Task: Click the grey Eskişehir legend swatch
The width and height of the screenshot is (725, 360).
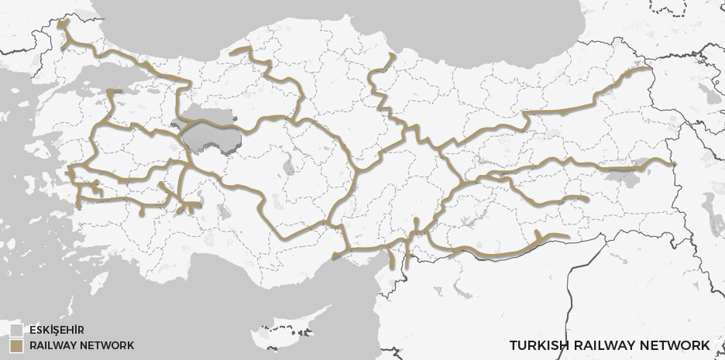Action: (15, 329)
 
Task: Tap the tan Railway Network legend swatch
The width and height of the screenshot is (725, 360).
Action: (15, 345)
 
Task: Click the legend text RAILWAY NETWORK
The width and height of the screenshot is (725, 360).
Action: (81, 345)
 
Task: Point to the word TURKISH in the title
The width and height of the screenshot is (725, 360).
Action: (537, 345)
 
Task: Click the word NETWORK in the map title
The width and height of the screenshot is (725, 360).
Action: (679, 345)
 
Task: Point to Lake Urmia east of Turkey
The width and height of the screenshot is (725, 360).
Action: (708, 209)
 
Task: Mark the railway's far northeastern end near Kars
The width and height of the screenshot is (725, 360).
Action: (651, 70)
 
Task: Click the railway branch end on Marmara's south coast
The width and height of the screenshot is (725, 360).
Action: (113, 92)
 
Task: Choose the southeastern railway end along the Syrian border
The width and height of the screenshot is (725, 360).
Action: (568, 238)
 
